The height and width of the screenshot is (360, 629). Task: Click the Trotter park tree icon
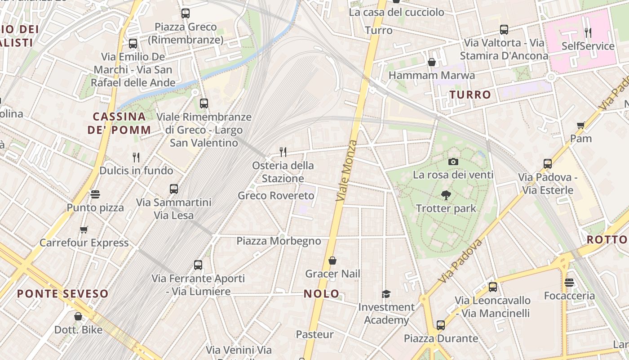tap(446, 195)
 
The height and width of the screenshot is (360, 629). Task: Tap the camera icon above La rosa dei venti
tap(453, 162)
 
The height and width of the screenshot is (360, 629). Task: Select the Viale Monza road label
tap(346, 171)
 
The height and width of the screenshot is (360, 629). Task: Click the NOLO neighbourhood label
tap(322, 294)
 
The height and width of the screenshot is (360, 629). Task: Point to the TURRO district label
tap(470, 94)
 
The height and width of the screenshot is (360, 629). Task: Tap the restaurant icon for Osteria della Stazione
tap(283, 152)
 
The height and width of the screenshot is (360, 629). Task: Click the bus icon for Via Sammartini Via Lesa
tap(174, 189)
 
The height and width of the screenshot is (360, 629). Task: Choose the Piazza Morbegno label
tap(279, 241)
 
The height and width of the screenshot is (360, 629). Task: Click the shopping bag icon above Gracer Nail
tap(332, 261)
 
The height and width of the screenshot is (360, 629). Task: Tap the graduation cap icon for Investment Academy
tap(386, 294)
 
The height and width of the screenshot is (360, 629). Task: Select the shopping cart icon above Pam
tap(580, 125)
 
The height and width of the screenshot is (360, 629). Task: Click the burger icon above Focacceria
tap(569, 283)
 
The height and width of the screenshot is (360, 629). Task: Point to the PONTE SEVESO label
tap(63, 294)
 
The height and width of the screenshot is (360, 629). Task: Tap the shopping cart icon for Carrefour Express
tap(84, 230)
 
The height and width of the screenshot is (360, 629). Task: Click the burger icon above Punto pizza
tap(95, 194)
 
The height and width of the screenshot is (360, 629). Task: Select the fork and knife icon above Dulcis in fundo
tap(136, 157)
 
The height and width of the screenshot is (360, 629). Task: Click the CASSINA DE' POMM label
tap(119, 123)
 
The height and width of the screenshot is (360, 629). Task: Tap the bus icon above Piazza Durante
tap(441, 325)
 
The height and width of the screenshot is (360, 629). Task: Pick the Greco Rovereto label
tap(276, 196)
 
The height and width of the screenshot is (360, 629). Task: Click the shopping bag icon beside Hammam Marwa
tap(432, 62)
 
